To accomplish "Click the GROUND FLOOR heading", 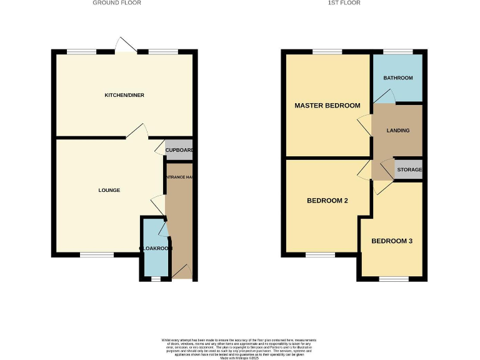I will [117, 3].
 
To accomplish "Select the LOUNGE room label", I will [109, 190].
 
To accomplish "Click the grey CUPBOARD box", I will [179, 151].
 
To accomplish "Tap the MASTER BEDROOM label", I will [327, 106].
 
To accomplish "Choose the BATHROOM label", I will [398, 78].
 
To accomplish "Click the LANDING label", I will [398, 131].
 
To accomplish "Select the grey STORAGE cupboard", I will [409, 169].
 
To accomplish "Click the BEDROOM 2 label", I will [327, 201].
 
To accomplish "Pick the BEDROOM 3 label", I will [392, 241].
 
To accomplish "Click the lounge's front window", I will [96, 255].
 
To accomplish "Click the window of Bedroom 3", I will [391, 279].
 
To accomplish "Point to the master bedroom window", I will [327, 52].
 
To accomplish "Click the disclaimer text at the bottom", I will [240, 347].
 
